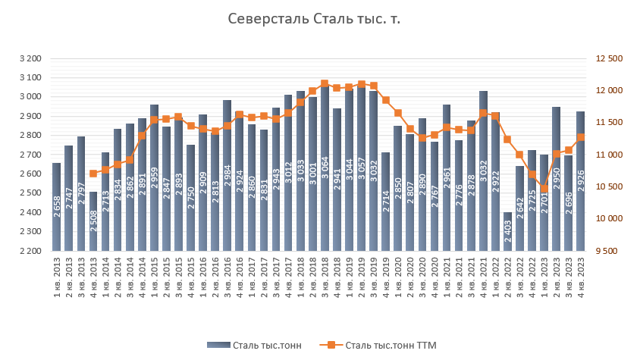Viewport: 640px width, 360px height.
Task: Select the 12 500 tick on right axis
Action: point(610,58)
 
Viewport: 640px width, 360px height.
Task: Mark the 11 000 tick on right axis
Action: point(610,155)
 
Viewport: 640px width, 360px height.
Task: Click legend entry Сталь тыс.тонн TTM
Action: point(391,346)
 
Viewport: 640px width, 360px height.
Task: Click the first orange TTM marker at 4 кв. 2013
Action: point(93,174)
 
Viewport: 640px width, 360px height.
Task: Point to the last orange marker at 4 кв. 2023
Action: point(581,137)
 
